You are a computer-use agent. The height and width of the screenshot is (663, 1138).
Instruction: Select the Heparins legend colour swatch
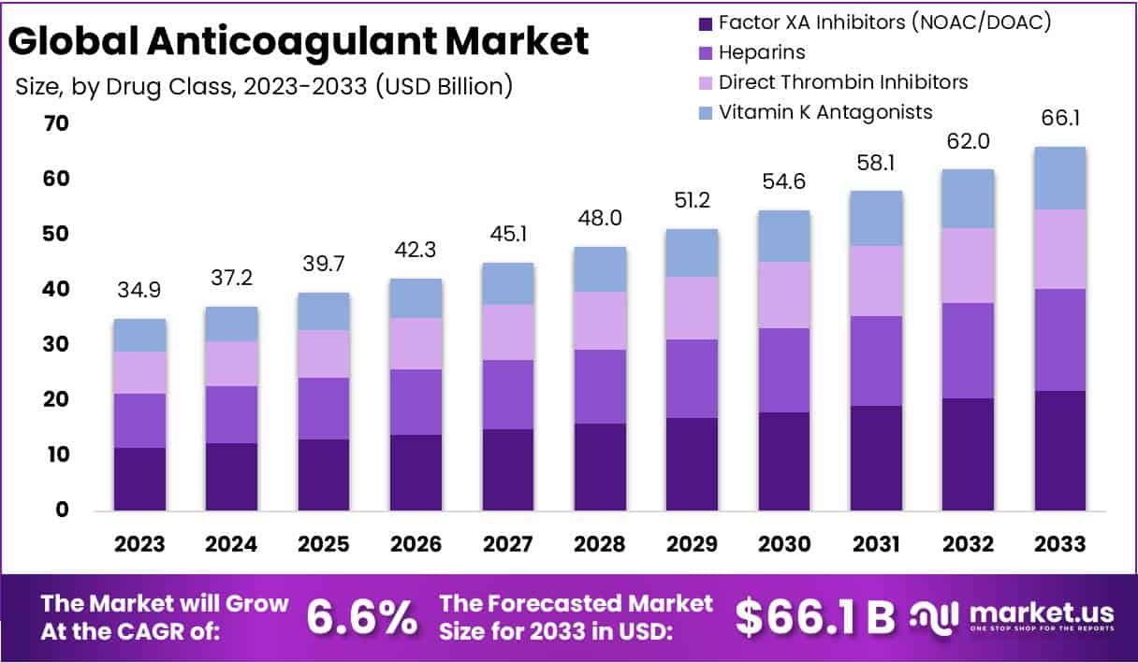coord(704,52)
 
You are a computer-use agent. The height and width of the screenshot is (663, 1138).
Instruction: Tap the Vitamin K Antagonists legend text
coord(825,112)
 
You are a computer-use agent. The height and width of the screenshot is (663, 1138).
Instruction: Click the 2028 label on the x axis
coord(601,544)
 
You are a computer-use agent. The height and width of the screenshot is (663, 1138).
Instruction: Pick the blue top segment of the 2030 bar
coord(784,236)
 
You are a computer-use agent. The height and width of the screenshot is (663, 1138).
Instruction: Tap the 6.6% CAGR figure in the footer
coord(361,618)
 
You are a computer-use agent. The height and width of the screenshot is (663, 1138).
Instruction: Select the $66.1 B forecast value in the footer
coord(814,617)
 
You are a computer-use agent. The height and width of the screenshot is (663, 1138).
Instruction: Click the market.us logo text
coord(1041,613)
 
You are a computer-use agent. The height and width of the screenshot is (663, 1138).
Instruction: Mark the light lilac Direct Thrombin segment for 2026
coord(416,343)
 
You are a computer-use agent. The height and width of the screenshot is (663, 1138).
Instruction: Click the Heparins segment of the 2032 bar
coord(968,351)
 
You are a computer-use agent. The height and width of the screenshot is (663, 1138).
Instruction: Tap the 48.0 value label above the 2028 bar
coord(601,219)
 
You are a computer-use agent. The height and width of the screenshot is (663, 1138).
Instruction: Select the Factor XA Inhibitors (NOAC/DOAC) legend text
coord(884,22)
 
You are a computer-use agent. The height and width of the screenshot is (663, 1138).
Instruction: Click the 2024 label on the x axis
coord(231,544)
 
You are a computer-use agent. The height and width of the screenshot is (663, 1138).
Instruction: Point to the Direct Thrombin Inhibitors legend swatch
coord(704,82)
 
